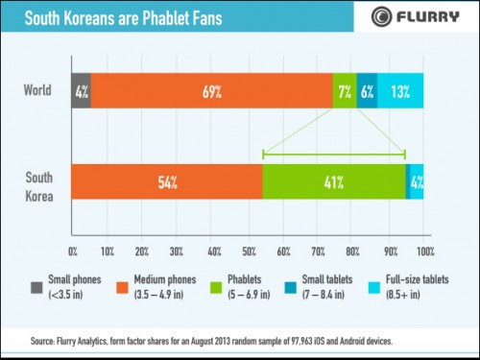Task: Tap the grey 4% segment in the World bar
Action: tap(81, 92)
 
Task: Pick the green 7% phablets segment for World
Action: tap(345, 92)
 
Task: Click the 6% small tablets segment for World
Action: tap(367, 92)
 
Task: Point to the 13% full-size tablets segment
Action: tap(400, 92)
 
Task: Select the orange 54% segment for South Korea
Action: tap(166, 181)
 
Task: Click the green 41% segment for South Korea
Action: tap(333, 181)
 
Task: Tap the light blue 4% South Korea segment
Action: tap(417, 181)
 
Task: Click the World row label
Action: tap(38, 92)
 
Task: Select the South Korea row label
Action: tap(37, 181)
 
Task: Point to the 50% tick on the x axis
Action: tap(249, 252)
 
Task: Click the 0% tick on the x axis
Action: tap(74, 252)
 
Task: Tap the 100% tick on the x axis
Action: tap(425, 252)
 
